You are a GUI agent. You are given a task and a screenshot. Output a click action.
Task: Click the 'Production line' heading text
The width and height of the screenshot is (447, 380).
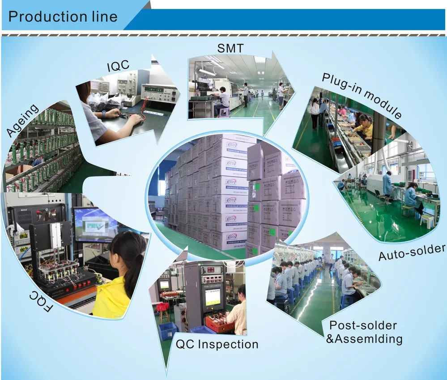pos(63,17)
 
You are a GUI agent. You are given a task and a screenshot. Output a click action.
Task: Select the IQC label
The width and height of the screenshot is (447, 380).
pos(118,66)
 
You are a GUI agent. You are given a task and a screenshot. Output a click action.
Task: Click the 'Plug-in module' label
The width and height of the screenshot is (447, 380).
pos(362,95)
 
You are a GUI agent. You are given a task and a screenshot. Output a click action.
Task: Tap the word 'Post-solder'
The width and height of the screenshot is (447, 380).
pos(363,325)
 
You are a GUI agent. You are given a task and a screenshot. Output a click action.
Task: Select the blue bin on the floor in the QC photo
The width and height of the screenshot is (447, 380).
pos(168,331)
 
